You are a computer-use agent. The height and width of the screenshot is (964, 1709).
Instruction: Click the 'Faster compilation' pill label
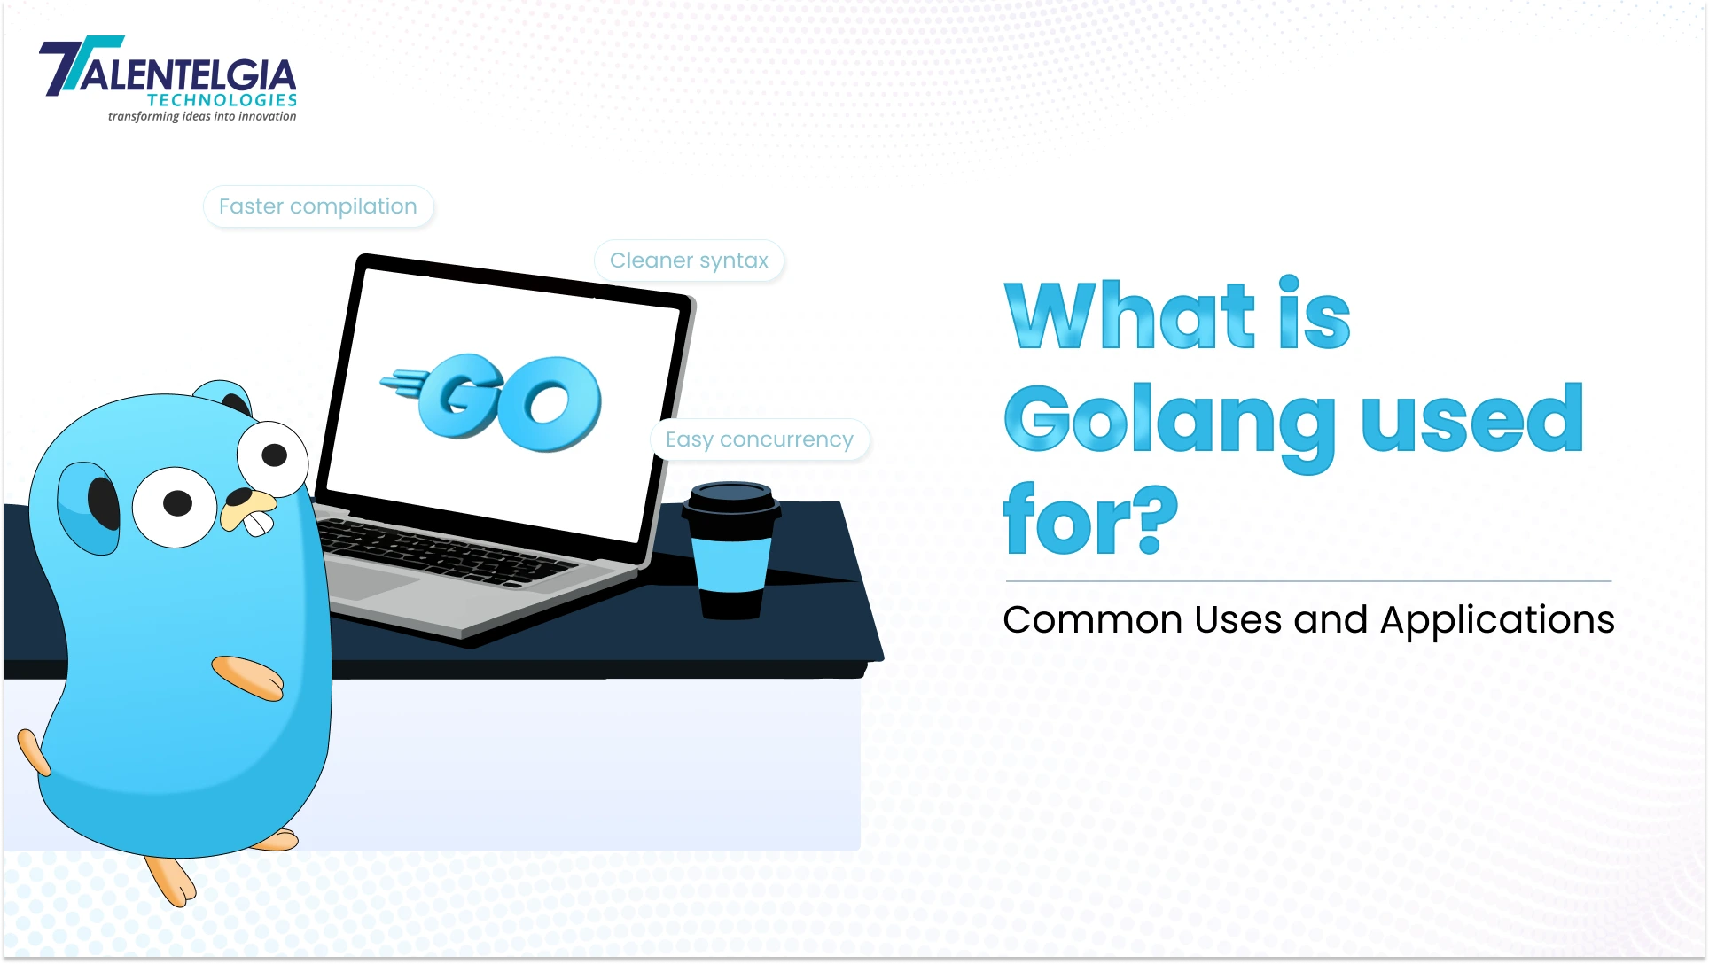[318, 206]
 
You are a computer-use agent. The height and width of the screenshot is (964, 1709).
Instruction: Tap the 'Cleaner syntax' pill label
[689, 260]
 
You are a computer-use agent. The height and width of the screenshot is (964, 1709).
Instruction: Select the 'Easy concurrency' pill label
[760, 439]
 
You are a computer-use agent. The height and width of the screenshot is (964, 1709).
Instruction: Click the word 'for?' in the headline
[1090, 520]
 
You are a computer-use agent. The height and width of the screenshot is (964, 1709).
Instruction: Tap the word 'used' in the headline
[1472, 419]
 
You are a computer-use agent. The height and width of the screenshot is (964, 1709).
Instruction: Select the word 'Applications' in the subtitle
[1497, 619]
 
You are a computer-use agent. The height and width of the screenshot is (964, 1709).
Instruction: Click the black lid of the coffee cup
[731, 500]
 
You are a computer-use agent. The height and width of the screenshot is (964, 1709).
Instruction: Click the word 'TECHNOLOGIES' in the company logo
[222, 100]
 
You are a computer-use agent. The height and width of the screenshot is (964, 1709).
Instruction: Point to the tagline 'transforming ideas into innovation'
[202, 116]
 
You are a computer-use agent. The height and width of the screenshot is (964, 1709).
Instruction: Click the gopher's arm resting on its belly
[248, 678]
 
